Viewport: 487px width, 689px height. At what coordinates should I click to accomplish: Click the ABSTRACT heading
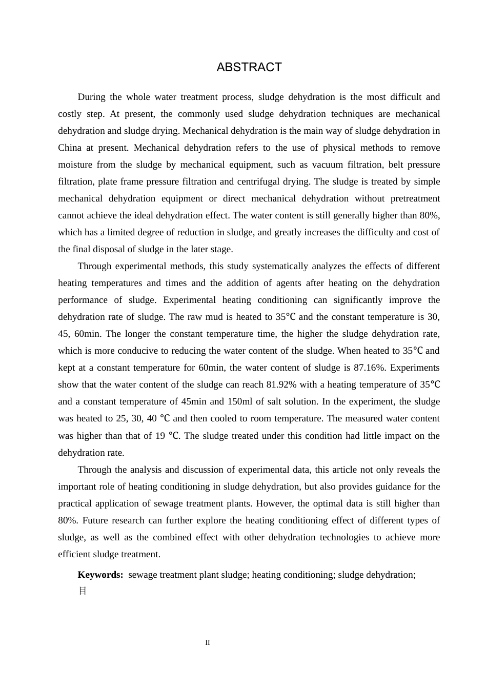(x=249, y=68)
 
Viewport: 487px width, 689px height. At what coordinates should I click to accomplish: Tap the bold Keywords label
(x=100, y=575)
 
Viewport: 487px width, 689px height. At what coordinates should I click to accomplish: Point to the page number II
(x=208, y=642)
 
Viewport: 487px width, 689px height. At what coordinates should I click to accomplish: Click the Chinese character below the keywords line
(x=83, y=591)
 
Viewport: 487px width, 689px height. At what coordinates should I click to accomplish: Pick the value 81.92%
(x=281, y=384)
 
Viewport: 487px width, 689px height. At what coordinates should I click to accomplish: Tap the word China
(x=70, y=148)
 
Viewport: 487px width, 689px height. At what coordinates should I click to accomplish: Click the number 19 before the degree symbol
(x=160, y=436)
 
